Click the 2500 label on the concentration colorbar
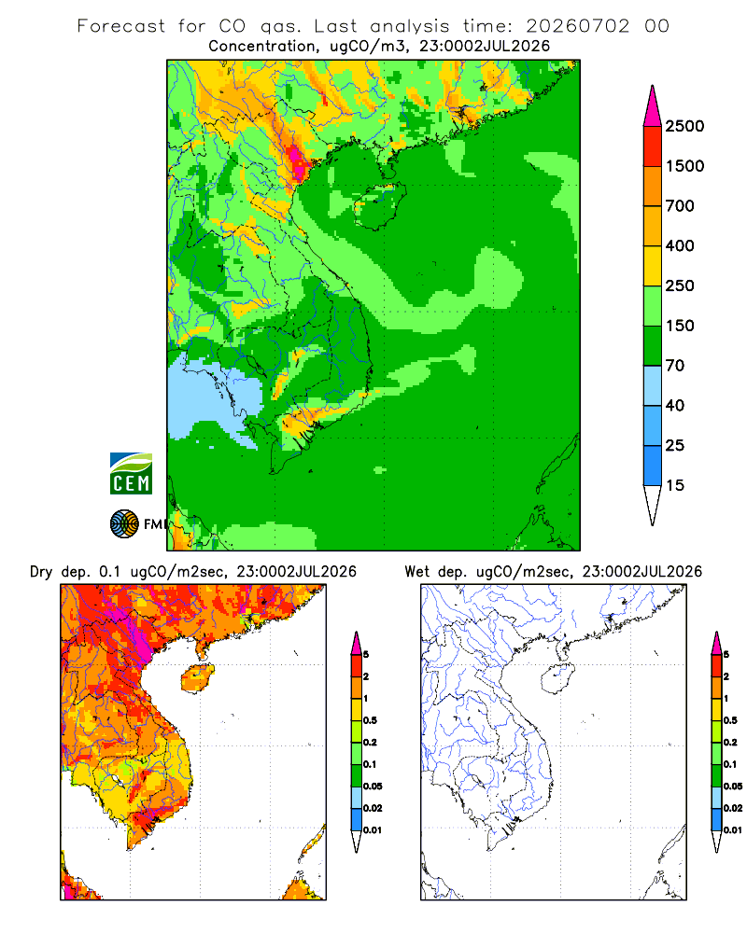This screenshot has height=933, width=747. click(684, 126)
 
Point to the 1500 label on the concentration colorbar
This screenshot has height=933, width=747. click(684, 166)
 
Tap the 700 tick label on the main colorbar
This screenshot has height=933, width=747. click(680, 206)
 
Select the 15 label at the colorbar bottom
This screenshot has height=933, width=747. click(675, 485)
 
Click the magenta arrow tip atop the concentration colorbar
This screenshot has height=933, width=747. click(653, 106)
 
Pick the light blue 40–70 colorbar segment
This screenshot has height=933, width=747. click(653, 385)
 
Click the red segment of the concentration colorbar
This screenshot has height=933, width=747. click(653, 146)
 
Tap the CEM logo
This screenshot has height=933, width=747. click(131, 474)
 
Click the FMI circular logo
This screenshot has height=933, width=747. click(124, 524)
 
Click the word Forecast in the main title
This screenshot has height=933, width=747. click(121, 26)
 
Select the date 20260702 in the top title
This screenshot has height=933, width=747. click(577, 26)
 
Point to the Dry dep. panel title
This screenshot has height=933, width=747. click(193, 572)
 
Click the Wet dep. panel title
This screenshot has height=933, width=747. click(554, 572)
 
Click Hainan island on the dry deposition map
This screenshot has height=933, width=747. click(198, 678)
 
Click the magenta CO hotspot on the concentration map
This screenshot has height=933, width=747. click(297, 160)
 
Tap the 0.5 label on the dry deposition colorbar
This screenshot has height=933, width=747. click(370, 720)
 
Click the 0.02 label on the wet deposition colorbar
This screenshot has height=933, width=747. click(733, 808)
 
